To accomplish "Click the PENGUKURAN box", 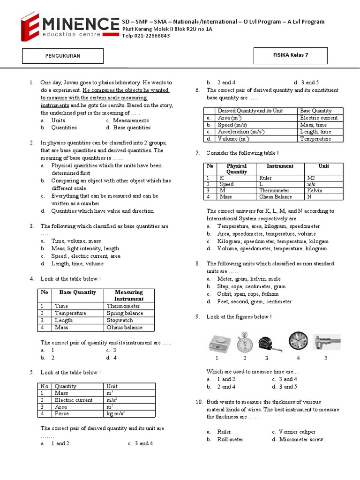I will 62,56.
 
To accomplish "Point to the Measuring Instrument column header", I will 129,295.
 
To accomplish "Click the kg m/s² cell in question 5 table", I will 119,414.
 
